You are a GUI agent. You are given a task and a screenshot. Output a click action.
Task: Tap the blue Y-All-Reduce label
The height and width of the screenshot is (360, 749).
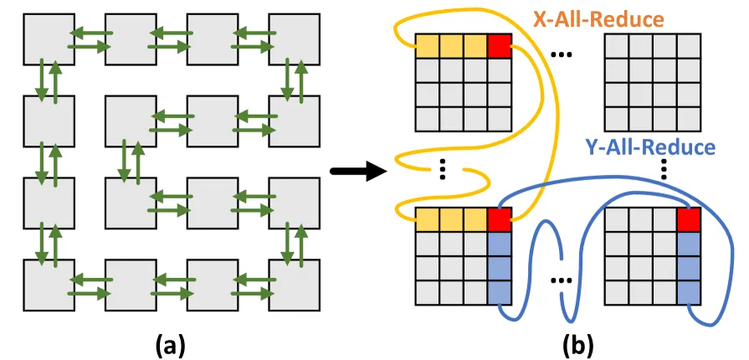pyautogui.click(x=649, y=147)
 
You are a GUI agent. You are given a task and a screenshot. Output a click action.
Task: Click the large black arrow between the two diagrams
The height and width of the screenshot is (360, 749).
pyautogui.click(x=358, y=172)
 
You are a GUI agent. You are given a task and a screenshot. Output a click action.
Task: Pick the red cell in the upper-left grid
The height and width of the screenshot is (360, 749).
pyautogui.click(x=500, y=46)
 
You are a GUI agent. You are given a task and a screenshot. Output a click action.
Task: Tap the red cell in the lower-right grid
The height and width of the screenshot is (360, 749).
pyautogui.click(x=689, y=219)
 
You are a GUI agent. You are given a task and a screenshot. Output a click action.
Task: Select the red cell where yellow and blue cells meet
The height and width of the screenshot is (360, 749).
pyautogui.click(x=500, y=219)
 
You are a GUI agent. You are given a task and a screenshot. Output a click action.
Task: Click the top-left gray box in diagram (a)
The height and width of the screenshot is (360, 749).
pyautogui.click(x=49, y=39)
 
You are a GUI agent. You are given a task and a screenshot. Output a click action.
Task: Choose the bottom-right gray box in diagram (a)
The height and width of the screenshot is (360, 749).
pyautogui.click(x=295, y=285)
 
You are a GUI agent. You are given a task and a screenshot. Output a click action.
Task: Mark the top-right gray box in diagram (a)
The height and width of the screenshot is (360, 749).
pyautogui.click(x=295, y=39)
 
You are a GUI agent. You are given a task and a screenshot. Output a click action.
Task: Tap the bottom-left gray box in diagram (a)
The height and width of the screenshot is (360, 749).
pyautogui.click(x=49, y=285)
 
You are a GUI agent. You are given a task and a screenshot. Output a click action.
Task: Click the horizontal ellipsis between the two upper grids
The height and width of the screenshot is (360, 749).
pyautogui.click(x=562, y=54)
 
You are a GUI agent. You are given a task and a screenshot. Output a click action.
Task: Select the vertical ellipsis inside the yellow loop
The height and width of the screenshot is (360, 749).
pyautogui.click(x=443, y=169)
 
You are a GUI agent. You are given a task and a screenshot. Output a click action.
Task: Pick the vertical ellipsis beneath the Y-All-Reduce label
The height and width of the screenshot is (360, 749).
pyautogui.click(x=664, y=169)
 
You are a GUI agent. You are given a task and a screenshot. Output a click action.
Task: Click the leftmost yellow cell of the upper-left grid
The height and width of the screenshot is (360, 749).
pyautogui.click(x=428, y=46)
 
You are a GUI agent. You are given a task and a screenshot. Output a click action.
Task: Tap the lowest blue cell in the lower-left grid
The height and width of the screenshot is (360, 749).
pyautogui.click(x=500, y=292)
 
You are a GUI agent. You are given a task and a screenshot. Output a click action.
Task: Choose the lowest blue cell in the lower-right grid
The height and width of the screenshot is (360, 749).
pyautogui.click(x=689, y=292)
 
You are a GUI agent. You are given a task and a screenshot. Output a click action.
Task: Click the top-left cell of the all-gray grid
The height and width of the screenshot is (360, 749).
pyautogui.click(x=617, y=46)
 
